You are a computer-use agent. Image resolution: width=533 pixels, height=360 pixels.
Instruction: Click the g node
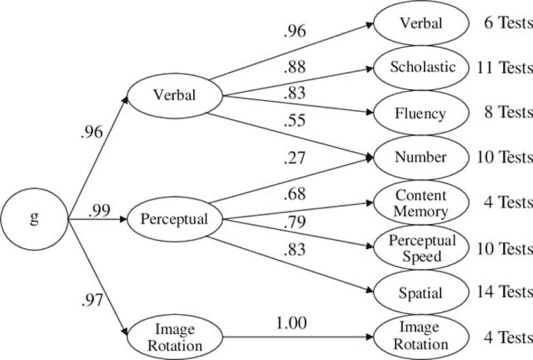click(34, 218)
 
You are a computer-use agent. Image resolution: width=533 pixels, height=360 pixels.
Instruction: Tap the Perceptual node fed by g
click(174, 218)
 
